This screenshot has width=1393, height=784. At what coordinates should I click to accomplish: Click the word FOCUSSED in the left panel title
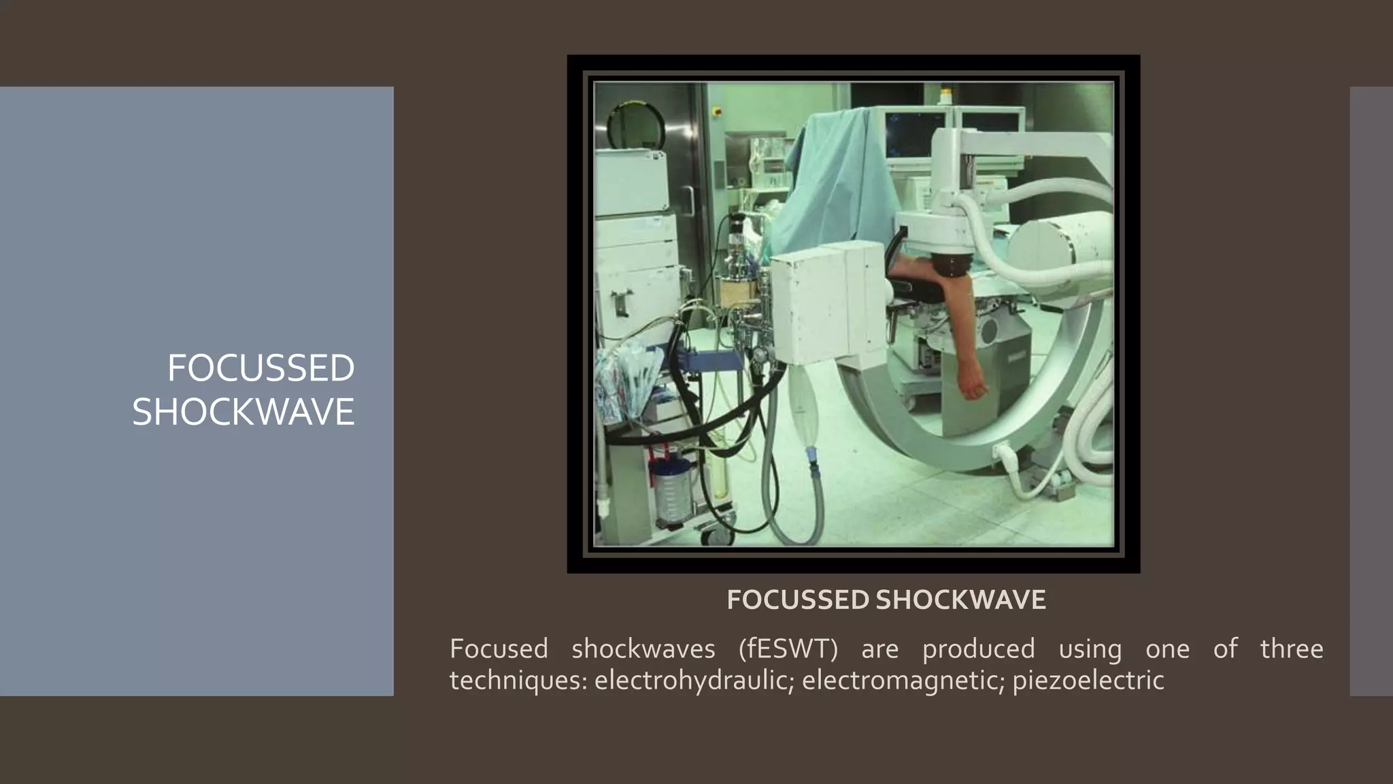point(261,368)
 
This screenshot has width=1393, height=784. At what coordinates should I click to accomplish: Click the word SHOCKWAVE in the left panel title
point(243,412)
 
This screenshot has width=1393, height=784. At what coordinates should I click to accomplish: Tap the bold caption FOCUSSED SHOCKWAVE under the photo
point(886,600)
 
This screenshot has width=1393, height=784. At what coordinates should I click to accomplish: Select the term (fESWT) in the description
point(788,649)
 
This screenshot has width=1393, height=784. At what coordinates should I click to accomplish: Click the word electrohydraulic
point(693,680)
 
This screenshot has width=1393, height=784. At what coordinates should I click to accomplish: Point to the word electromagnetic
point(903,680)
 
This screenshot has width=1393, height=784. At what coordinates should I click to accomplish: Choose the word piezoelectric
point(1088,680)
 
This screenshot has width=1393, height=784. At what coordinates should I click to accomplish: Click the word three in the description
point(1291,649)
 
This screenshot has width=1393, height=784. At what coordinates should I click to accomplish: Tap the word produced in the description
point(978,649)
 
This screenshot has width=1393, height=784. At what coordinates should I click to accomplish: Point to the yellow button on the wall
point(716,110)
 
